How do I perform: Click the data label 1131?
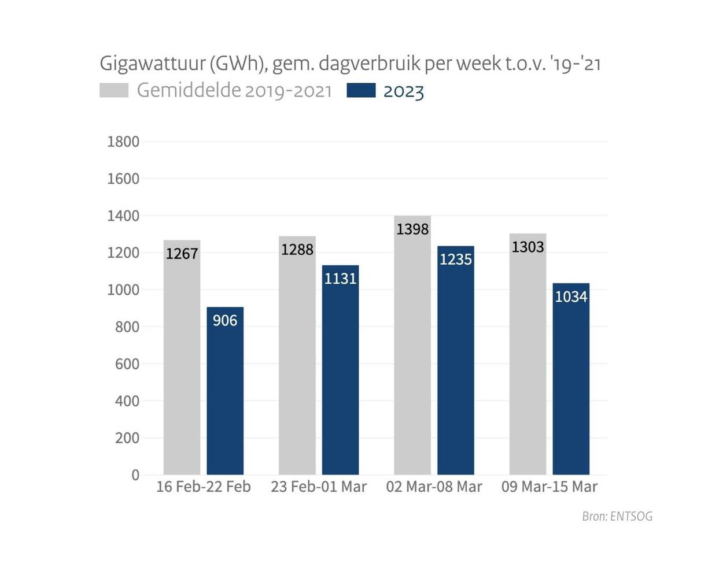340,279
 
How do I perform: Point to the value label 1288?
297,250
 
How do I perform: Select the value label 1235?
456,259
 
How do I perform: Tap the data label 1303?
528,247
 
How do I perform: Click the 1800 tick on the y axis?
123,142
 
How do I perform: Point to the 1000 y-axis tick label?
123,290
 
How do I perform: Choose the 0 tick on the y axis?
135,475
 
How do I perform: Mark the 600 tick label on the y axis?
127,364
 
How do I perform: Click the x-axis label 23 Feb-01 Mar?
319,487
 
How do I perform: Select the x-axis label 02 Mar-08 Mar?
434,487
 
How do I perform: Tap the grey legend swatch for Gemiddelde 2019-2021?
114,90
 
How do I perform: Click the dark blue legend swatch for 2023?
361,90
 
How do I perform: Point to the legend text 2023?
404,91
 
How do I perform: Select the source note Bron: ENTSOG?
617,516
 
